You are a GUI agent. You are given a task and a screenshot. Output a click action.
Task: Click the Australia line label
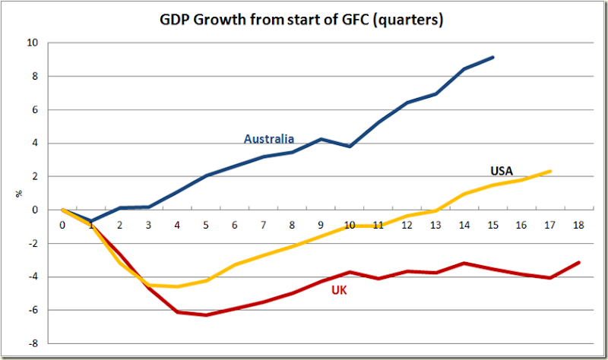[x=268, y=139]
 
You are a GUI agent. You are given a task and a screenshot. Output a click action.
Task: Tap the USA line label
[x=501, y=171]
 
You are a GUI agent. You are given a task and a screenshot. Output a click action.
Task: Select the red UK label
[x=340, y=290]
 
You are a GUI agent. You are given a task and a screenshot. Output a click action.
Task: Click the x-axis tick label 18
[x=579, y=226]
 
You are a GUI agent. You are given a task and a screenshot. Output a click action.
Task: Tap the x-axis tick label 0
[x=62, y=226]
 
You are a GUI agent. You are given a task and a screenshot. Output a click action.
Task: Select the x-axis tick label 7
[x=263, y=226]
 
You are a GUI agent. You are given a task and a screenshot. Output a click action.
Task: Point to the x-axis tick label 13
[x=435, y=226]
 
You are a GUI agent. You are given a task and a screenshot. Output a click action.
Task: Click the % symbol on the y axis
[x=19, y=194]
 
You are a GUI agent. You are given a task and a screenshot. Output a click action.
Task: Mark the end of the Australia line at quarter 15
[x=493, y=57]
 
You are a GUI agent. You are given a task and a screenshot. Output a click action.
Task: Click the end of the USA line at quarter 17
[x=550, y=171]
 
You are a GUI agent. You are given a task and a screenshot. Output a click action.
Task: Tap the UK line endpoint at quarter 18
[x=579, y=263]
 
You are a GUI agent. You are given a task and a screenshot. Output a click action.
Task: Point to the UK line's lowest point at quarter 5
[x=206, y=315]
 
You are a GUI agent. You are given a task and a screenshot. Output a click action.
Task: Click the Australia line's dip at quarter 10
[x=350, y=146]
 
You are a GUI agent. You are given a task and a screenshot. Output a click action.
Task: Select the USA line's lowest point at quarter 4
[x=177, y=286]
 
